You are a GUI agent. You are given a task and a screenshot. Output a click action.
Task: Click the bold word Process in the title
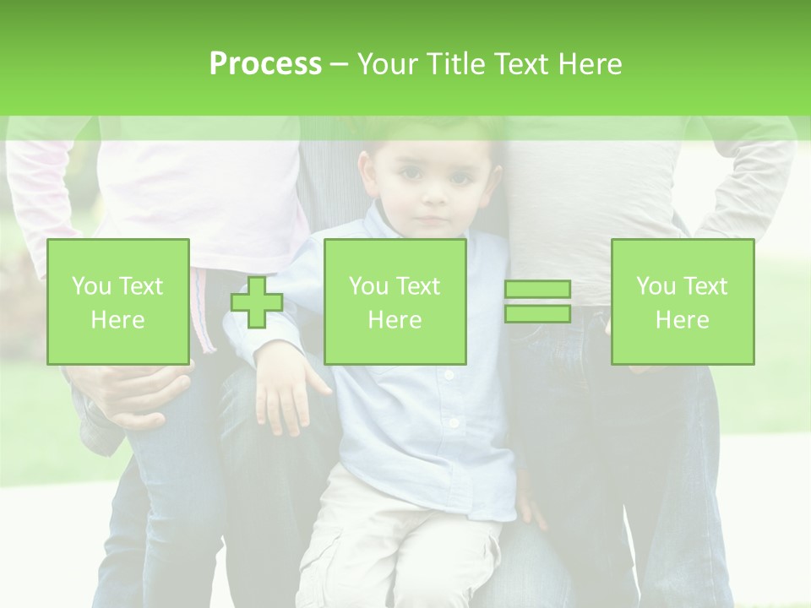[x=265, y=63]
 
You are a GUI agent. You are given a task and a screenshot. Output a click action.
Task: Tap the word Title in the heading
[x=456, y=63]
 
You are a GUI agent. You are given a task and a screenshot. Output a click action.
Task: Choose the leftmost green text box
[x=118, y=301]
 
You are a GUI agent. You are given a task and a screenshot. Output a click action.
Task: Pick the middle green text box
[x=395, y=301]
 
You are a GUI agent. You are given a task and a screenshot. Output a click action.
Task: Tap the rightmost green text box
[x=683, y=301]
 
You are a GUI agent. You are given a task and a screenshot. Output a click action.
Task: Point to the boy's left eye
[x=460, y=179]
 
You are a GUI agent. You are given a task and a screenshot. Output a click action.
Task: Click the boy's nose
[x=433, y=199]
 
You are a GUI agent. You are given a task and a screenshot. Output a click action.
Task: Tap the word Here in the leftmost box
[x=118, y=320]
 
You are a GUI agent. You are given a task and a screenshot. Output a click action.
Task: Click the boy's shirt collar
[x=389, y=228]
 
